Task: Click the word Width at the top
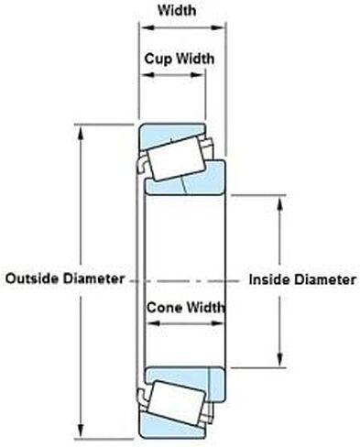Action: pyautogui.click(x=177, y=10)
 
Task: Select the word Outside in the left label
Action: pyautogui.click(x=32, y=278)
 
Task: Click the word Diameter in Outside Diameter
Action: pyautogui.click(x=93, y=278)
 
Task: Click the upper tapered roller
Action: pyautogui.click(x=176, y=158)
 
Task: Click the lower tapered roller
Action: pyautogui.click(x=178, y=403)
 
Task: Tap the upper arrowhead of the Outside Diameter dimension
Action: pyautogui.click(x=81, y=132)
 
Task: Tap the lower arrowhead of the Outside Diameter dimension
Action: pyautogui.click(x=81, y=431)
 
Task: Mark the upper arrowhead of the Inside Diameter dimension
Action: pyautogui.click(x=280, y=202)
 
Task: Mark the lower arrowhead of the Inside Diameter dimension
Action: pyautogui.click(x=280, y=360)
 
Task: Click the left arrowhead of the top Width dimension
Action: pyautogui.click(x=147, y=27)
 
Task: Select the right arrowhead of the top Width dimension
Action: pyautogui.click(x=218, y=27)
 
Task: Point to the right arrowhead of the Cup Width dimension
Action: pyautogui.click(x=197, y=75)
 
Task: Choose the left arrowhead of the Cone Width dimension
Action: pyautogui.click(x=153, y=323)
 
